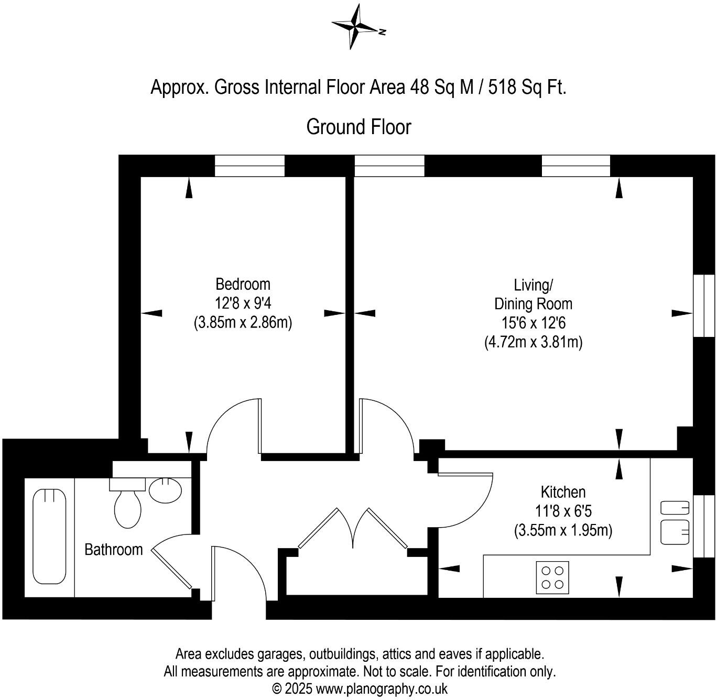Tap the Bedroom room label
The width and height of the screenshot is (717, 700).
(x=243, y=285)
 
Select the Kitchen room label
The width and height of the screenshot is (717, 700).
(x=563, y=492)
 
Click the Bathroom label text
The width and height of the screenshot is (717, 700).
(x=113, y=550)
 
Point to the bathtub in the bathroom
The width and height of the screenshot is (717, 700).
(x=50, y=536)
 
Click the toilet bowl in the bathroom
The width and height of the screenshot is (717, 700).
(x=127, y=509)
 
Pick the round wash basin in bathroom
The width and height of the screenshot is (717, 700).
(x=166, y=490)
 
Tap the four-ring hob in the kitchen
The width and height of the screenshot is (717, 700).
(x=552, y=577)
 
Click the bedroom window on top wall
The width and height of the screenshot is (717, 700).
(x=249, y=166)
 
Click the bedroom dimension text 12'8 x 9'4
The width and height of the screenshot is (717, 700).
(x=243, y=303)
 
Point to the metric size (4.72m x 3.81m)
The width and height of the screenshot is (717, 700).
(x=533, y=342)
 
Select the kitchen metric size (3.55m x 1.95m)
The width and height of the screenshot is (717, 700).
(x=563, y=530)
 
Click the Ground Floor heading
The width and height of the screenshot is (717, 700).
(x=358, y=127)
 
